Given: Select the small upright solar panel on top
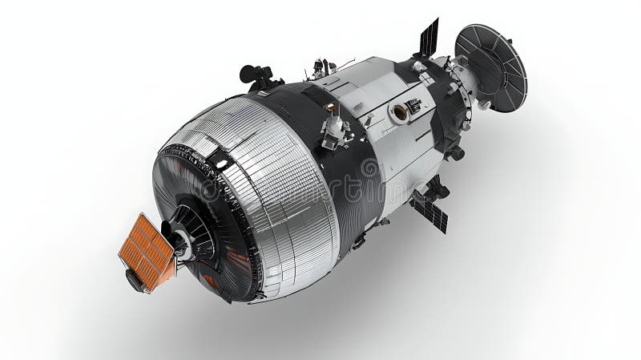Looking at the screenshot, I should pos(429,36).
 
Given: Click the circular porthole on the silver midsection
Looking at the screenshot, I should pos(397,114).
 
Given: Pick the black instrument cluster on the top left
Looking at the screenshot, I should pos(259,75).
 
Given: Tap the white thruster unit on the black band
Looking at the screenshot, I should pos(332,129).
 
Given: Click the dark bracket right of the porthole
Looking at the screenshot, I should pos(414,107).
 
